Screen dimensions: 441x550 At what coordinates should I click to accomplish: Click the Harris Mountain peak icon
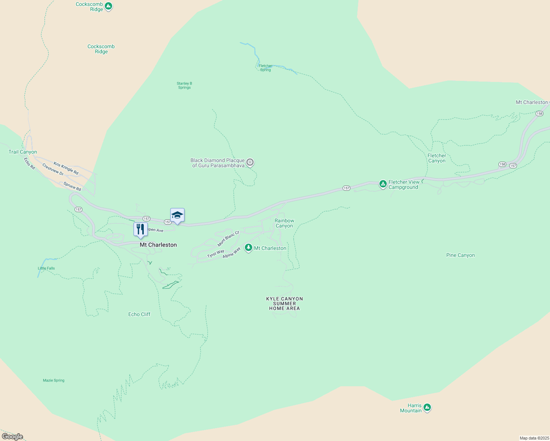click(x=427, y=407)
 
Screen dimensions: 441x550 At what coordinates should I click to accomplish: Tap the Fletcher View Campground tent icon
click(x=383, y=183)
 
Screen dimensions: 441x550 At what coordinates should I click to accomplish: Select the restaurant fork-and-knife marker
click(x=140, y=230)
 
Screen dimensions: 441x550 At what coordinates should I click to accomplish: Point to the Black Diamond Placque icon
click(x=250, y=162)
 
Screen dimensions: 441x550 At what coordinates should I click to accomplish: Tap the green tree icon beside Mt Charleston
click(x=249, y=248)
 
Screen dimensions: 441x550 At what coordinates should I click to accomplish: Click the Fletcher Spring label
click(x=265, y=68)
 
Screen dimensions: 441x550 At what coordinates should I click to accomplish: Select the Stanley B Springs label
click(x=184, y=85)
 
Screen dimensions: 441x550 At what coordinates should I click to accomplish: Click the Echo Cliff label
click(x=139, y=314)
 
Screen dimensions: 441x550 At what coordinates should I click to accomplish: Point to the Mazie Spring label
click(x=54, y=380)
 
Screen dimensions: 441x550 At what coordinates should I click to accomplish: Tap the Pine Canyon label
click(x=460, y=255)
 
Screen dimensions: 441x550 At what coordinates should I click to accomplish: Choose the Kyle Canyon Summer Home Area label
click(x=285, y=304)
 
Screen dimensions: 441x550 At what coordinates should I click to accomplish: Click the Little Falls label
click(x=46, y=268)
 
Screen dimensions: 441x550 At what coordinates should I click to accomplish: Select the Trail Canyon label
click(x=23, y=152)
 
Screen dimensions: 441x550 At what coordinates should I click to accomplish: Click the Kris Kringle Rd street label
click(x=66, y=168)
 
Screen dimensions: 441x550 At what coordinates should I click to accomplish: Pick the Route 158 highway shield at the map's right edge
click(x=539, y=114)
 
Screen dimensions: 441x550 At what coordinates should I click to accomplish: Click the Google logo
click(x=12, y=437)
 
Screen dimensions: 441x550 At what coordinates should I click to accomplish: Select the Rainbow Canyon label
click(x=284, y=223)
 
